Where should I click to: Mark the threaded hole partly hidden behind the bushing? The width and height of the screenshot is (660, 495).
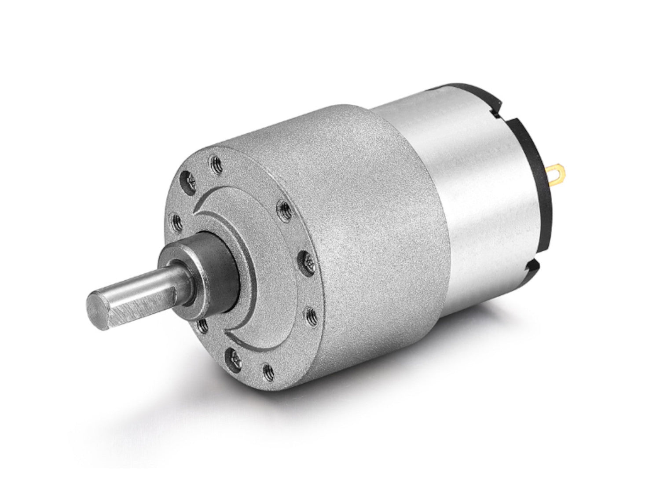coord(204,326)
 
